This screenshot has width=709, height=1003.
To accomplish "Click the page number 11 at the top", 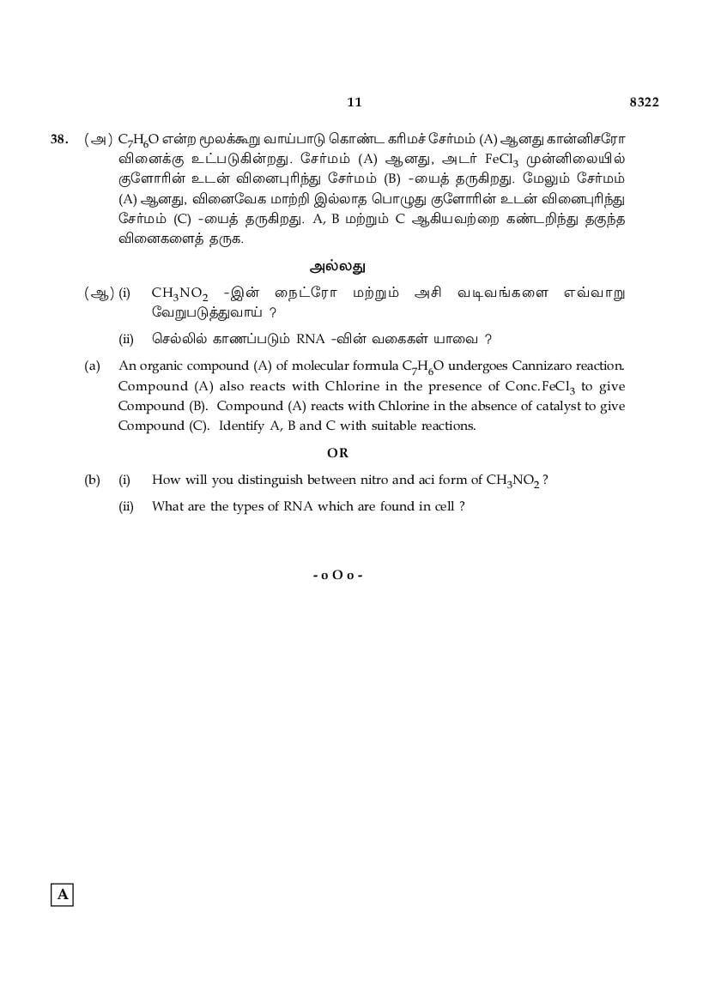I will (354, 102).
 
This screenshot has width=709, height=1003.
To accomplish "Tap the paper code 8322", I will (644, 102).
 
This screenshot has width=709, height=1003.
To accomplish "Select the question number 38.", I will (59, 139).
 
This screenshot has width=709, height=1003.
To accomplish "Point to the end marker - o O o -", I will (337, 574).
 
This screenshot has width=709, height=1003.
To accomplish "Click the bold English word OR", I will (337, 452).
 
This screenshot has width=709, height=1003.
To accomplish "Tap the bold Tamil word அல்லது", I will (337, 266).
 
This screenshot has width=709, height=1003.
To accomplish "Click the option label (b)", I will (92, 480).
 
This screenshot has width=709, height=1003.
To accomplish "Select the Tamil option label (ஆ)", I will (98, 293).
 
